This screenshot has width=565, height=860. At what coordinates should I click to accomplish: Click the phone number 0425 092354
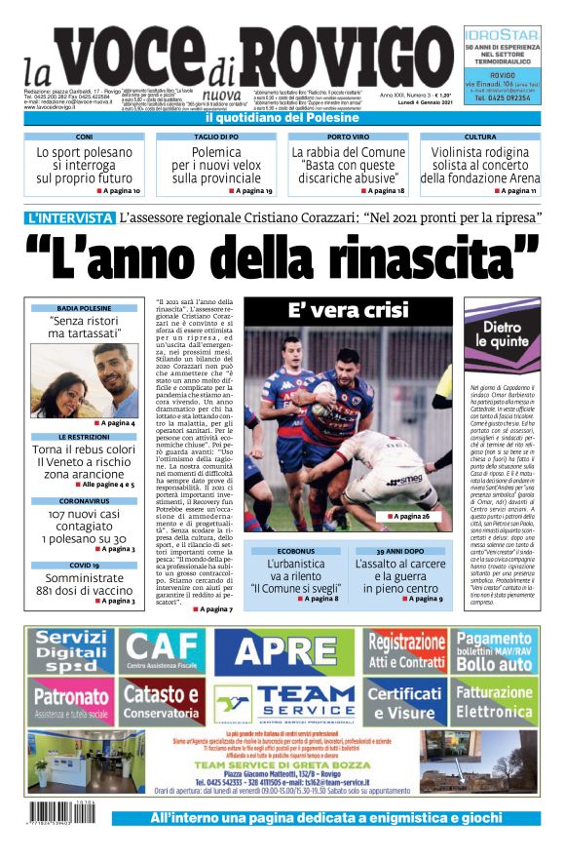click(503, 98)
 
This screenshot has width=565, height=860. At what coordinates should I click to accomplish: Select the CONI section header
click(84, 137)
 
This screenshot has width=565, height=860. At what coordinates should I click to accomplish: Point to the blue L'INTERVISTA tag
click(71, 217)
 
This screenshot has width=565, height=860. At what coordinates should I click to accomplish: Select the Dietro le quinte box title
click(503, 335)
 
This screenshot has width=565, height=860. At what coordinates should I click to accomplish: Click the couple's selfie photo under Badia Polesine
click(84, 378)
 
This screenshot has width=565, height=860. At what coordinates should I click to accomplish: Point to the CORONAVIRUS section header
click(84, 500)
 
